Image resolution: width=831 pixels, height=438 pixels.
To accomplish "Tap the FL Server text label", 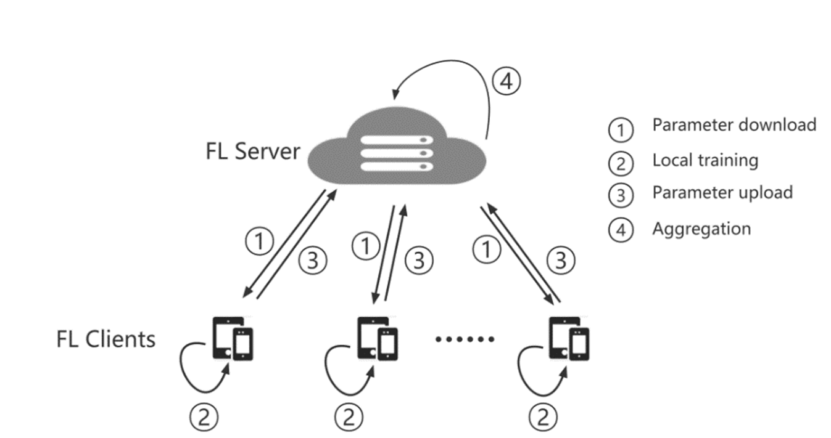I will (x=253, y=150).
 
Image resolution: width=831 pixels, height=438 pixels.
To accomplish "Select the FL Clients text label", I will (x=105, y=339).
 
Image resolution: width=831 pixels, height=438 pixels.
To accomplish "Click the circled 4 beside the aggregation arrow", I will (x=506, y=82).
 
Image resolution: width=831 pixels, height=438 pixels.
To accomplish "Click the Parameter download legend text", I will (x=734, y=125).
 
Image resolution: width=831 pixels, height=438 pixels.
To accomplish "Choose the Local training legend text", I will (x=705, y=160).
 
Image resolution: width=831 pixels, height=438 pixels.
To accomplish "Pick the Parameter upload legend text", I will (x=722, y=192).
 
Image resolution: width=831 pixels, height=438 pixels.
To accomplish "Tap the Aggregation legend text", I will (x=701, y=229).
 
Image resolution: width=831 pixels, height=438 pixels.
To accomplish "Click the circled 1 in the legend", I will (x=621, y=129).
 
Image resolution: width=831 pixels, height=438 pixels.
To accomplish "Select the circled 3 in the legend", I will (x=621, y=195).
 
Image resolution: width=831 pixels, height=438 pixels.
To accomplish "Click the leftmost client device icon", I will (x=233, y=338).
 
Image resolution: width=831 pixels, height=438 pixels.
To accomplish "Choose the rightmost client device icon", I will (x=569, y=338).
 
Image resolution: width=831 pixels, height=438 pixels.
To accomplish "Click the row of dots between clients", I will (x=465, y=339).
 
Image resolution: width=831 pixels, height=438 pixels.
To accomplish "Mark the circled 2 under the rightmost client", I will (x=543, y=416).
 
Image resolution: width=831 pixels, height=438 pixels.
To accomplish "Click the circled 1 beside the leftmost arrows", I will (x=259, y=241).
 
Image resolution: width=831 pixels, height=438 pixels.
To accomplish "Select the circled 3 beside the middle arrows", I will (x=420, y=261).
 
